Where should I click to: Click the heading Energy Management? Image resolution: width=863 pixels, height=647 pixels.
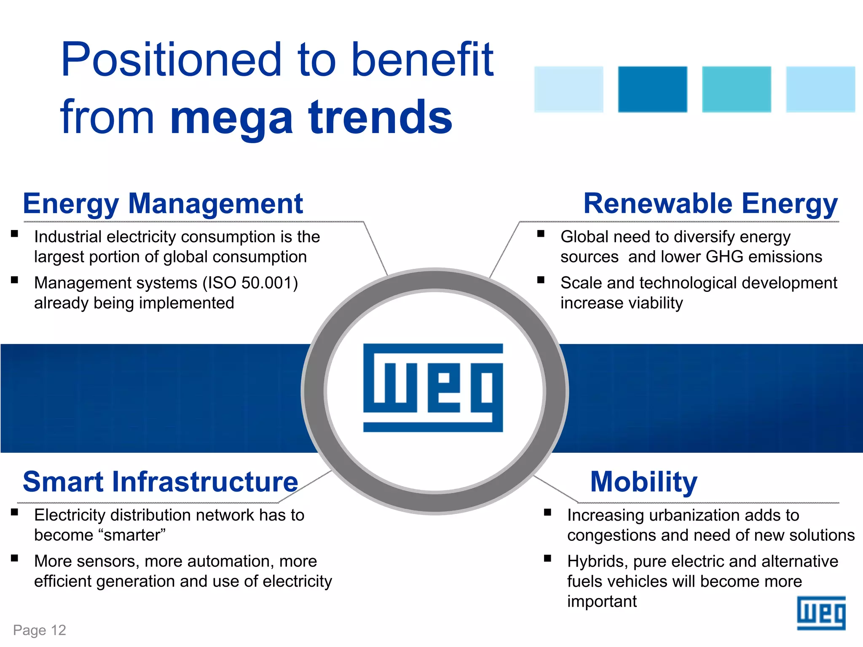[163, 204]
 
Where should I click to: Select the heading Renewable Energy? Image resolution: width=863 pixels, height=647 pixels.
[710, 204]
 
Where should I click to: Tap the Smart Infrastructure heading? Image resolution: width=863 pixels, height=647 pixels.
[160, 482]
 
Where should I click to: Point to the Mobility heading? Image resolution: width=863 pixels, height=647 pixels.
[643, 482]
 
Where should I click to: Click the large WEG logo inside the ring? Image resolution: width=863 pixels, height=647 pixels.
[433, 388]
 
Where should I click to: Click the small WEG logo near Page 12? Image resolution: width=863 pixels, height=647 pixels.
[821, 613]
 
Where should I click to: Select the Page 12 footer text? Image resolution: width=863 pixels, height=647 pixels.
[40, 630]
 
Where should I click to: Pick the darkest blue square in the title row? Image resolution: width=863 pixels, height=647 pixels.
[652, 89]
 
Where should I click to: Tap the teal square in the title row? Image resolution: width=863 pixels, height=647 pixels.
[736, 89]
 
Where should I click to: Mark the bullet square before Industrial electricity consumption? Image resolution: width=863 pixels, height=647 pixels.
[15, 234]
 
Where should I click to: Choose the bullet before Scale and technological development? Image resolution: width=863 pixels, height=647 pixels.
[541, 280]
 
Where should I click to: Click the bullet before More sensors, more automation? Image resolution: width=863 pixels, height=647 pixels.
[15, 558]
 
